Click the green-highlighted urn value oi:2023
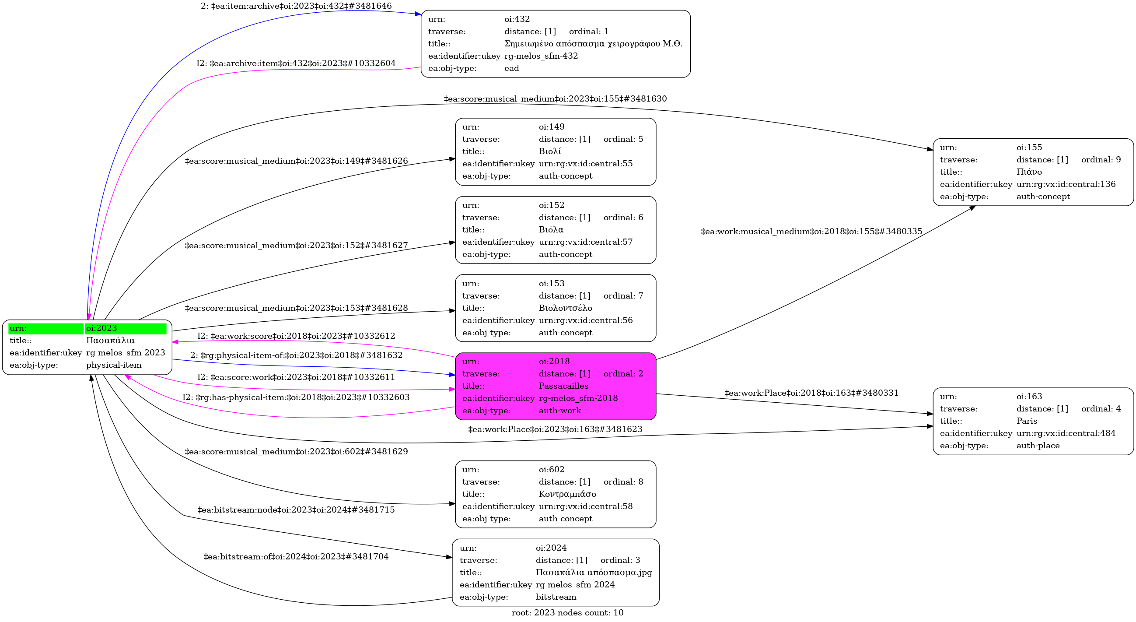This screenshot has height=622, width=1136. point(101,328)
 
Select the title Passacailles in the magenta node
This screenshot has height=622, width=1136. point(563,386)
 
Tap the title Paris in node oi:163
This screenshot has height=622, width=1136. point(1027,421)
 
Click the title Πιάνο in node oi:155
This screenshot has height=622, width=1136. point(1029,172)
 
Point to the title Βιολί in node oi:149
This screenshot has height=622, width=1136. point(549,151)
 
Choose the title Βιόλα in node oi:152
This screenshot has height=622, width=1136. point(551,230)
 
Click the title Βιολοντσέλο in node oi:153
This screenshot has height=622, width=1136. point(565,308)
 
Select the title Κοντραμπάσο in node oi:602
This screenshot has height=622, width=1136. point(567,494)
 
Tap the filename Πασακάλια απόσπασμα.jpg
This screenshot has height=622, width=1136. point(594,573)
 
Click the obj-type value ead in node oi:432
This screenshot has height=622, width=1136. point(511,68)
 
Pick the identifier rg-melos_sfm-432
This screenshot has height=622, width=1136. point(541,56)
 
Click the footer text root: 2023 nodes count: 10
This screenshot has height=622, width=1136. point(567,613)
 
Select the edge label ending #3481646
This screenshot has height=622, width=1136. point(296,6)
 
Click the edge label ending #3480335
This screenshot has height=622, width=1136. point(811,232)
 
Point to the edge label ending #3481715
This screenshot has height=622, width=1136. point(296,510)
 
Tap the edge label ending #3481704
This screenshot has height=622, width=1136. point(296,557)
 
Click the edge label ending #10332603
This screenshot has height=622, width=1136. point(296,397)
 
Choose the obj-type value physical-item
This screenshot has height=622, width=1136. point(114,365)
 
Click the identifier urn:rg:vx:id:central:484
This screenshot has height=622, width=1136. point(1066,433)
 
